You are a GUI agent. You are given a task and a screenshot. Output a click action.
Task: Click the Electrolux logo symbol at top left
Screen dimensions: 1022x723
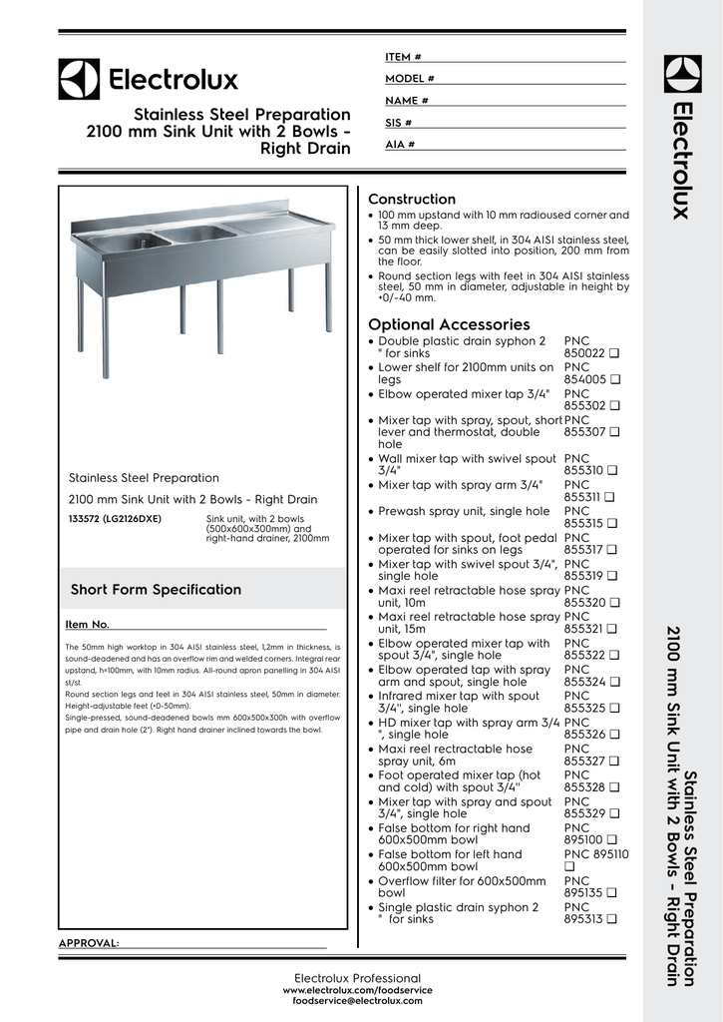coord(79,79)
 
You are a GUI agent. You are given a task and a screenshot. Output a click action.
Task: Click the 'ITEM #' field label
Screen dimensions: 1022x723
coord(403,57)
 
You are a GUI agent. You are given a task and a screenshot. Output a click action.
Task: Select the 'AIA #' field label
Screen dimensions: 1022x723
coord(400,145)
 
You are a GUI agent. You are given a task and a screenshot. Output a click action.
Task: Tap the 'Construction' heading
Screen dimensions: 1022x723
coord(412,200)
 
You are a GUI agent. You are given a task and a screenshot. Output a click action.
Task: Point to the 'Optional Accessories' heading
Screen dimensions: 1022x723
coord(449,324)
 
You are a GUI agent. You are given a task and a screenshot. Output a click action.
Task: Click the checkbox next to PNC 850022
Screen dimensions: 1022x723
coord(616,353)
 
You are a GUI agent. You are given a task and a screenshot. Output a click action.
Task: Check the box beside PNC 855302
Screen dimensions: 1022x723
coord(616,406)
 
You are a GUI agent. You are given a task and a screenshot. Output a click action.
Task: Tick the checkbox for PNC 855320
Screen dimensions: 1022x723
coord(616,603)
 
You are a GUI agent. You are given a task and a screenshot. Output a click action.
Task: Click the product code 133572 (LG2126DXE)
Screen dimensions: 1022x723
coord(115,519)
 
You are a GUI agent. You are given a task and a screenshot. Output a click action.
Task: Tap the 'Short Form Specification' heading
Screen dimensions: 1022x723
coord(156,590)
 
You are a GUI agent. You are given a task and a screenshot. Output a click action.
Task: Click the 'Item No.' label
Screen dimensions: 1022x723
coord(87,625)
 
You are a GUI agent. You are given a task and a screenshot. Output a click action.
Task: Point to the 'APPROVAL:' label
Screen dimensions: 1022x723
coord(89,943)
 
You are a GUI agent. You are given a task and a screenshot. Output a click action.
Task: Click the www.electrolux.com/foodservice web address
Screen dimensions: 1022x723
coord(357,989)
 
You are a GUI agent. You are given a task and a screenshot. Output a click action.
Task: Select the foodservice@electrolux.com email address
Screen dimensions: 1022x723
coord(357,1000)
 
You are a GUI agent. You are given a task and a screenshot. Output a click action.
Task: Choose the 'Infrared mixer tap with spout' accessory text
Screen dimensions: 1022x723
coord(459,696)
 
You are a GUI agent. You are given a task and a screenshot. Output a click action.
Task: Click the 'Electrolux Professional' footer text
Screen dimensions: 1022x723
coord(357,977)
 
